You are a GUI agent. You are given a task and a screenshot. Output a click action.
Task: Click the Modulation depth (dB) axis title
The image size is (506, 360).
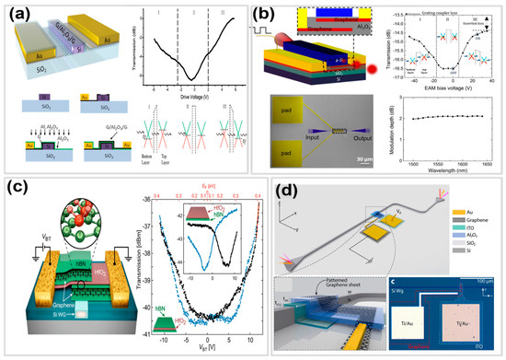pyautogui.click(x=391, y=123)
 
